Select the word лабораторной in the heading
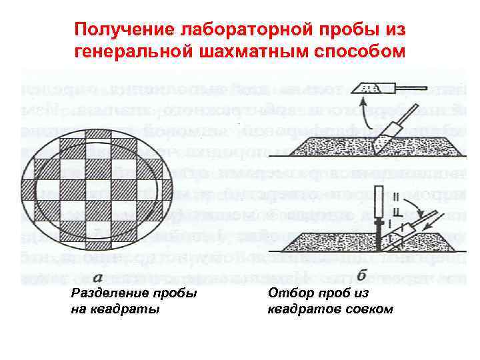point(240,29)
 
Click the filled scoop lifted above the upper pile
point(365,87)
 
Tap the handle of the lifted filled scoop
point(391,87)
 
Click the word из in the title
point(393,29)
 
